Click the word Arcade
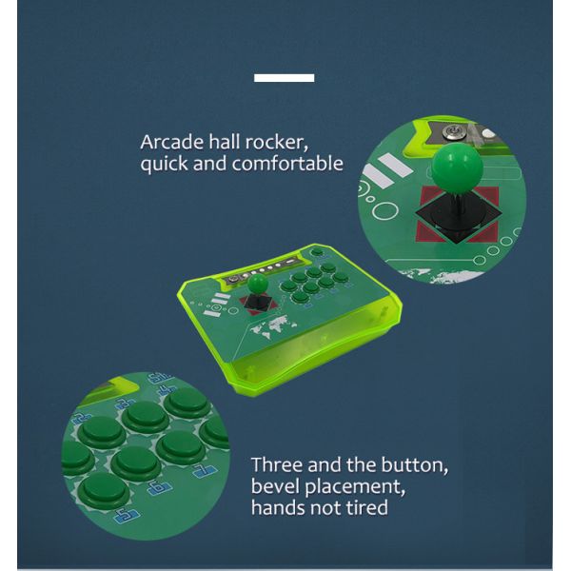click(170, 143)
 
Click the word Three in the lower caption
click(281, 466)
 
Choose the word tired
click(365, 507)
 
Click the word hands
click(278, 507)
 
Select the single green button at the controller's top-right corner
click(317, 253)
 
